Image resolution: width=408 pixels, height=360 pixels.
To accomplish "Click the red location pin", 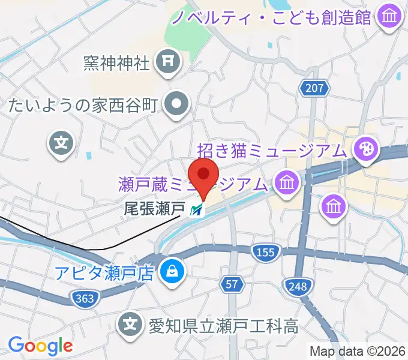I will pos(203,176).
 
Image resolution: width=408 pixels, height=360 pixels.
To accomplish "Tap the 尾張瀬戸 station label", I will pos(154,209).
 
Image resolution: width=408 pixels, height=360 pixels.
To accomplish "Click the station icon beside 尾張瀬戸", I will pos(196,210).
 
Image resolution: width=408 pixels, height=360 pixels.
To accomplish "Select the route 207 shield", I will pos(314,89).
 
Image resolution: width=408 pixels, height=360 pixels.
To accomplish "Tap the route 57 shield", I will pos(233,284).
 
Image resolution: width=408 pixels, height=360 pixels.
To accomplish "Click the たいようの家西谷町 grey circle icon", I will pos(176,105).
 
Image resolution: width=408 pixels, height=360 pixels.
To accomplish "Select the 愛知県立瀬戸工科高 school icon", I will pos(130,325).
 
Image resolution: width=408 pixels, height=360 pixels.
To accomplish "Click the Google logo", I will pos(40,346).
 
